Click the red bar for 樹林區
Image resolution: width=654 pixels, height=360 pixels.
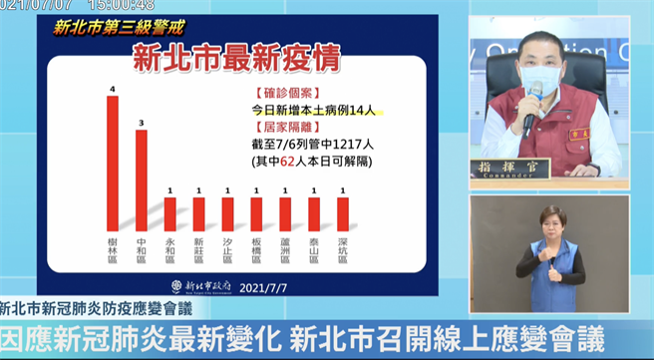pyautogui.click(x=113, y=165)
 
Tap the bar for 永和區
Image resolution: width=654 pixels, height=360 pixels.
pyautogui.click(x=170, y=214)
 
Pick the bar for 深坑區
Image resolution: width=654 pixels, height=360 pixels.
pyautogui.click(x=343, y=214)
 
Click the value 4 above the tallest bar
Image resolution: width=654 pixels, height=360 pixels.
pyautogui.click(x=113, y=90)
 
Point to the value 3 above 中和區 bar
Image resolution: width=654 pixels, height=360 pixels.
pyautogui.click(x=142, y=123)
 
